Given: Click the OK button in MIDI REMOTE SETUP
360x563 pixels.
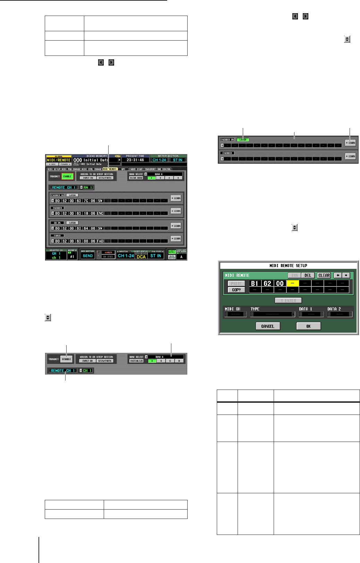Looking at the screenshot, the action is tap(308, 326).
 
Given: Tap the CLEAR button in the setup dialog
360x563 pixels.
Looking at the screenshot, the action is tap(324, 275).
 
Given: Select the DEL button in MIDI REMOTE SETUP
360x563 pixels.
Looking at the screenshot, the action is tap(308, 275).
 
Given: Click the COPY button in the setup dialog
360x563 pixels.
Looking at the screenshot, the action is tap(236, 290).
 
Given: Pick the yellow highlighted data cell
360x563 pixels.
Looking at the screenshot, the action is tap(293, 283).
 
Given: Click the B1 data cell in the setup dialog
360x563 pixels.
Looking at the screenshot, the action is tap(255, 283).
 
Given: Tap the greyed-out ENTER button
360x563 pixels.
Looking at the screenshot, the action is tap(288, 300).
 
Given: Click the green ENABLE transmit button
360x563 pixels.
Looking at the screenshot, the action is tap(67, 176).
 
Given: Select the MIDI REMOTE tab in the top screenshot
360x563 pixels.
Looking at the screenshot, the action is tap(110, 169).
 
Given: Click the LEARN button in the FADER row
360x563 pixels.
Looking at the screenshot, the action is tap(176, 239).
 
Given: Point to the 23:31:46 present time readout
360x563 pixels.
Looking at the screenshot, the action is tap(135, 160).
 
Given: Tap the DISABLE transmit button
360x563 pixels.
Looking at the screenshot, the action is tap(66, 359).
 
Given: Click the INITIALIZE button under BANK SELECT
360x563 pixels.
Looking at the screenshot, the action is tap(136, 361).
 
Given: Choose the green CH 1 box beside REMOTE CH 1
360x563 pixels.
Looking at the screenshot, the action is tap(87, 370).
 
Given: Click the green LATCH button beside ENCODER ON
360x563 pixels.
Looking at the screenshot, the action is tap(243, 139).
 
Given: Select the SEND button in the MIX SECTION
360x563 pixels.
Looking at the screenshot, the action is tap(88, 256).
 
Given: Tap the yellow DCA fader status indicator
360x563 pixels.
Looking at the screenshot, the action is tap(141, 256).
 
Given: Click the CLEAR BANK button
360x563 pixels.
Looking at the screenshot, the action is tap(136, 178).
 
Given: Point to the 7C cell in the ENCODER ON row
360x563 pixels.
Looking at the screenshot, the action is tap(86, 201).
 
